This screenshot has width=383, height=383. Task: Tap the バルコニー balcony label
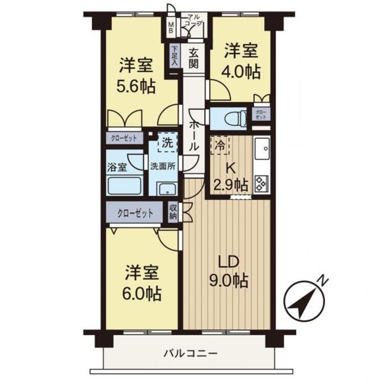191,353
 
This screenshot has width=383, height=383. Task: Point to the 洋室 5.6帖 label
137,76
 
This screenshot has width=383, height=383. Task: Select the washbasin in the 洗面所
166,189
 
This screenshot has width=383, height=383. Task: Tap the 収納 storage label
173,212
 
